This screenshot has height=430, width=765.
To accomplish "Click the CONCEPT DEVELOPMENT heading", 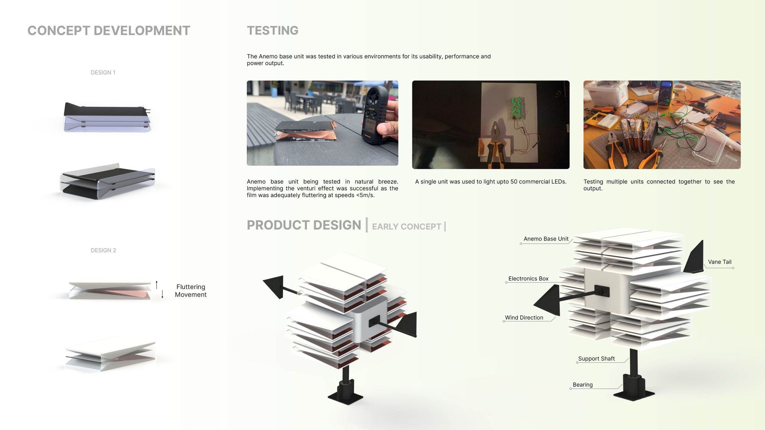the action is (x=109, y=31).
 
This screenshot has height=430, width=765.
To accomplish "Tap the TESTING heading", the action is (x=273, y=31).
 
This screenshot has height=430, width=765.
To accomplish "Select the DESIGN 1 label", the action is (x=103, y=72).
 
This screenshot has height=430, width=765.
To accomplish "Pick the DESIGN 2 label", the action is (x=103, y=250).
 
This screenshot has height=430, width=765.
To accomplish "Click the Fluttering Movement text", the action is (x=191, y=290).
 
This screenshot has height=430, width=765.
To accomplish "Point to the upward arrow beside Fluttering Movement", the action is (x=157, y=284).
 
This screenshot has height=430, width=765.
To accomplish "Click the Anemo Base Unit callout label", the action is (x=546, y=239).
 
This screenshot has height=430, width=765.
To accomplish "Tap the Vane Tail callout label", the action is (x=719, y=262).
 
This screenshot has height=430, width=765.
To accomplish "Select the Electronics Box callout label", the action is (x=528, y=279).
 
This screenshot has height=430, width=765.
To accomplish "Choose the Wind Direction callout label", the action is (x=524, y=318).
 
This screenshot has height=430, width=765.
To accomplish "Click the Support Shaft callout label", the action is (x=596, y=359).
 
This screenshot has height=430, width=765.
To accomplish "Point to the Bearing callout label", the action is (x=583, y=385).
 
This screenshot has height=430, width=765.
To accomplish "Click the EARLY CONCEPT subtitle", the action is (x=406, y=227).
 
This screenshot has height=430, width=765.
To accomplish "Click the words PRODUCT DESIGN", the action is (x=304, y=225).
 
